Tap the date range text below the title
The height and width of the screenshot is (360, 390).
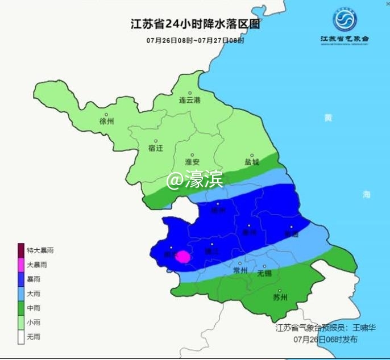195,41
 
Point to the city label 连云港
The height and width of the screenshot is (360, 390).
190,101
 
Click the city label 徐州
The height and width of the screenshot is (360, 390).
107,122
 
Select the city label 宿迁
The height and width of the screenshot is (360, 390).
155,148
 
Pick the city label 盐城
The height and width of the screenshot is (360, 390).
252,162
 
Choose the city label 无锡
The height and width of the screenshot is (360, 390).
265,273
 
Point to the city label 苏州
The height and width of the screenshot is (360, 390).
280,297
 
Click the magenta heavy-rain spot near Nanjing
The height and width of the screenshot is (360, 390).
184,257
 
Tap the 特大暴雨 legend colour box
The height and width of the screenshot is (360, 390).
21,250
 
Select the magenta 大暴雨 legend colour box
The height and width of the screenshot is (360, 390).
21,265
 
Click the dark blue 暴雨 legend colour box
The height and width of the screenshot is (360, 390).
21,279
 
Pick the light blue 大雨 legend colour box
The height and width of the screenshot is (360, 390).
21,294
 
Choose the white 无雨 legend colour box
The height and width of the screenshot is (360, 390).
21,337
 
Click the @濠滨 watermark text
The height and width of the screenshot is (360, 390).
195,180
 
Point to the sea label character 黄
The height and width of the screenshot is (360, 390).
327,118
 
